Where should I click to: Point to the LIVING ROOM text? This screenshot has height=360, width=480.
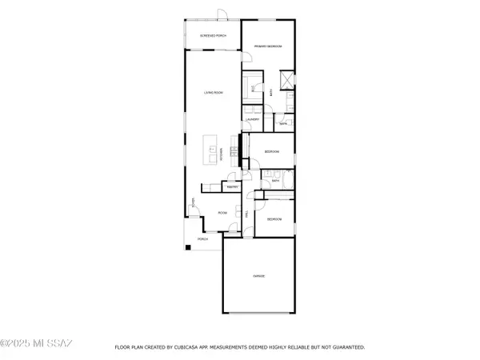click(x=213, y=94)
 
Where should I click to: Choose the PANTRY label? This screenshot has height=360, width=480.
click(x=233, y=186)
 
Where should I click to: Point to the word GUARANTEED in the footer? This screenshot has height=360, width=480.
click(x=346, y=348)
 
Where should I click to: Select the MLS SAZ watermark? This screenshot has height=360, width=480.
click(x=37, y=345)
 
